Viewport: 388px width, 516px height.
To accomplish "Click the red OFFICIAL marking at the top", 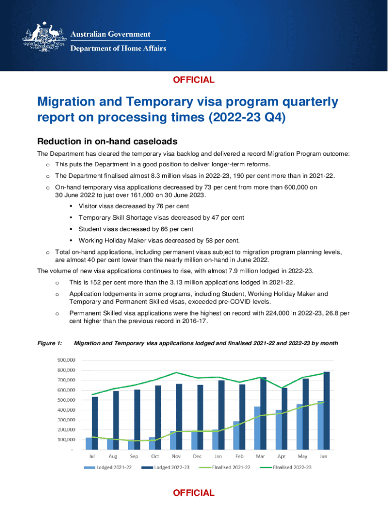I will click(x=194, y=80).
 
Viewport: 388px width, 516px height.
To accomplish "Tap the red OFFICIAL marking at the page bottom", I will click(x=194, y=493).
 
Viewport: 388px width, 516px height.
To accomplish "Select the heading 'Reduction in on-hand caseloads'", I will click(x=107, y=141).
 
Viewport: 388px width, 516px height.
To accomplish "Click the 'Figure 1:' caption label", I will click(x=50, y=343).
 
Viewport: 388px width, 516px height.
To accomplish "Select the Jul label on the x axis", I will click(x=92, y=456).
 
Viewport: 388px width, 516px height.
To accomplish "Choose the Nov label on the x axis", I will click(x=176, y=456).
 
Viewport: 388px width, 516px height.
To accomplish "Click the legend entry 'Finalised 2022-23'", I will click(x=292, y=468).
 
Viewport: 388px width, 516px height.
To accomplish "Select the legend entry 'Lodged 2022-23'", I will click(x=170, y=468).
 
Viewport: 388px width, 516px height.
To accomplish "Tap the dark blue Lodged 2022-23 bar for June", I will click(x=327, y=411).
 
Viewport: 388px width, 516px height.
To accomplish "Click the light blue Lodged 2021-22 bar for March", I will click(x=257, y=428).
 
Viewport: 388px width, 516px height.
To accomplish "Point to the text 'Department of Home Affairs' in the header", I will click(x=117, y=49).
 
